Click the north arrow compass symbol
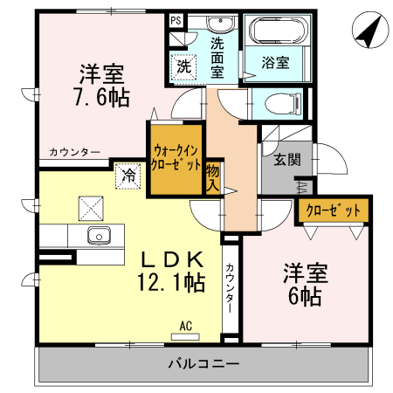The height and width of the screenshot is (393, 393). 369,32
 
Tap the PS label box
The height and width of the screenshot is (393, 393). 176,19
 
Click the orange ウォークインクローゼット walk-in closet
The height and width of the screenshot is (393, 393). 176,157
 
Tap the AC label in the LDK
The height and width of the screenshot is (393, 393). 185,327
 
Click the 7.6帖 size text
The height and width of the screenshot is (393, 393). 99,97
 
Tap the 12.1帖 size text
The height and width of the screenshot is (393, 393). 170,282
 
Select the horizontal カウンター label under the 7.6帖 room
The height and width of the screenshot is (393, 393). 73,152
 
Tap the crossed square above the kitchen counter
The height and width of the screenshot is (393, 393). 91,207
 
